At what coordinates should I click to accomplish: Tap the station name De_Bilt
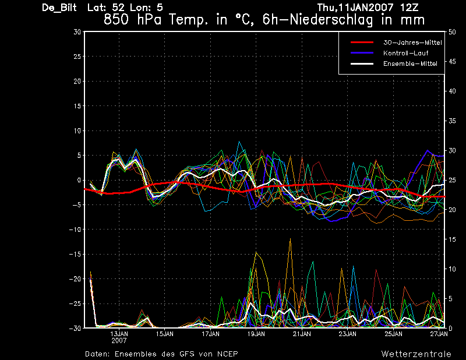click(x=59, y=8)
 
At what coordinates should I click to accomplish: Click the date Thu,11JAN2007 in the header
click(x=355, y=8)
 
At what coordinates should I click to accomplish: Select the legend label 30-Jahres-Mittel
click(x=412, y=43)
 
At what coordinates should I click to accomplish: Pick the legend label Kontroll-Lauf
click(x=405, y=53)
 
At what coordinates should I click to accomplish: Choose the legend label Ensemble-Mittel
click(x=410, y=63)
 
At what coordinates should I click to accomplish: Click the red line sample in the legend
click(x=362, y=43)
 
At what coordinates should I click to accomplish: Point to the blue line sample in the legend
click(x=362, y=53)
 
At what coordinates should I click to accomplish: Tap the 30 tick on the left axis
click(x=77, y=32)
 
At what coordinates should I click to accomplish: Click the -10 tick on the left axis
click(x=75, y=230)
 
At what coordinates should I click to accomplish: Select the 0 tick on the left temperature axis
click(x=79, y=180)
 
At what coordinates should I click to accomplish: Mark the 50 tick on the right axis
click(x=452, y=32)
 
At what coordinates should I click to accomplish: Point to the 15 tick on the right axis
click(x=452, y=239)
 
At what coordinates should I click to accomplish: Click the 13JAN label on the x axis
click(x=119, y=334)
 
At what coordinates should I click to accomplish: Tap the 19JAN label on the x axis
click(x=256, y=334)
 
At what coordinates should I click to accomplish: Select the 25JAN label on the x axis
click(x=394, y=334)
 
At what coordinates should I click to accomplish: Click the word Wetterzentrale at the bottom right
click(x=416, y=354)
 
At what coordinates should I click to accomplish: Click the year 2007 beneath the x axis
click(x=119, y=341)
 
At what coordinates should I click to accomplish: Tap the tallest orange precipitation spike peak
click(x=290, y=238)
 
